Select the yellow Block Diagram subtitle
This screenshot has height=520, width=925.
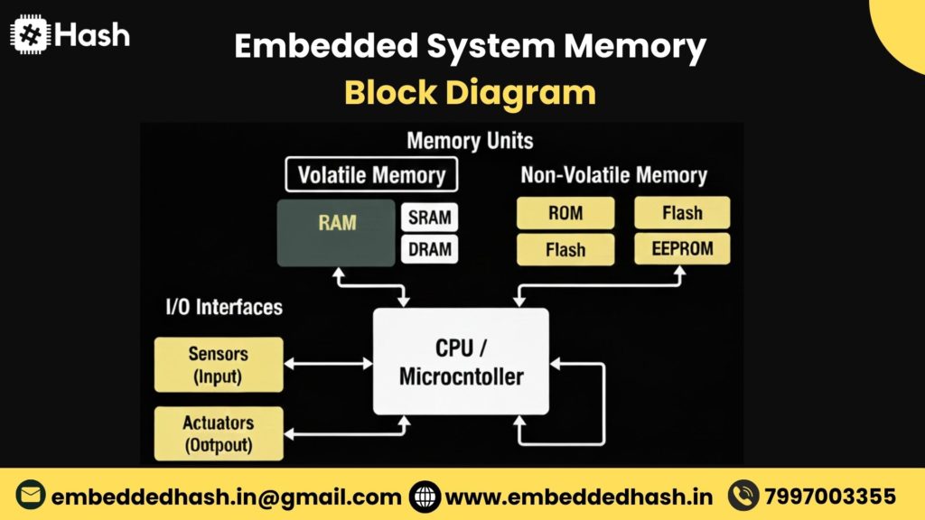(x=470, y=92)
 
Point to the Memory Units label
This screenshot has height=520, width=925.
(x=470, y=141)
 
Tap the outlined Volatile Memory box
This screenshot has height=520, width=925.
(x=371, y=174)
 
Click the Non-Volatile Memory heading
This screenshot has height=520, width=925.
(x=613, y=174)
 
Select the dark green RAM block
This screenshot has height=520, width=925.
(x=336, y=233)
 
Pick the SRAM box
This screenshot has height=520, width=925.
(x=429, y=218)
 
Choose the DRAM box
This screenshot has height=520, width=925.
(x=429, y=249)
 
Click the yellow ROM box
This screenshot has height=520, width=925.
(x=565, y=214)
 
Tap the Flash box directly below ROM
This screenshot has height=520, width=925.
(x=565, y=249)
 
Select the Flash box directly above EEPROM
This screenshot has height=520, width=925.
(x=682, y=213)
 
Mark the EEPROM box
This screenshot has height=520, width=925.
(x=682, y=248)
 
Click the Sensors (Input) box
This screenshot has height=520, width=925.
(x=218, y=365)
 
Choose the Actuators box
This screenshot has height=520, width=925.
(x=218, y=433)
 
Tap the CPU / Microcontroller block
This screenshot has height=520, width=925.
(x=461, y=361)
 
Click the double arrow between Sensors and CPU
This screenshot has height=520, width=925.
(x=328, y=363)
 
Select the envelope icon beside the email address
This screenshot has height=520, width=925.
(x=31, y=497)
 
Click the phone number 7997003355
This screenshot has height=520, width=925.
(x=830, y=497)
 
